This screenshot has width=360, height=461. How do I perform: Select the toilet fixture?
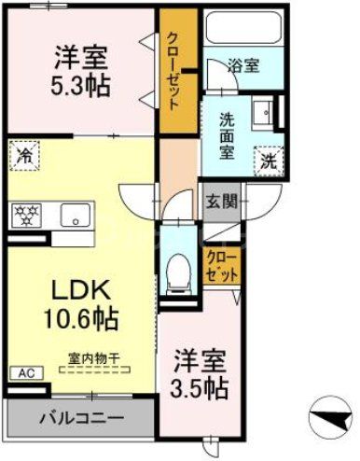[x=177, y=271]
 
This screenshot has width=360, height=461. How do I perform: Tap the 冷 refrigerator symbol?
[x=23, y=156]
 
